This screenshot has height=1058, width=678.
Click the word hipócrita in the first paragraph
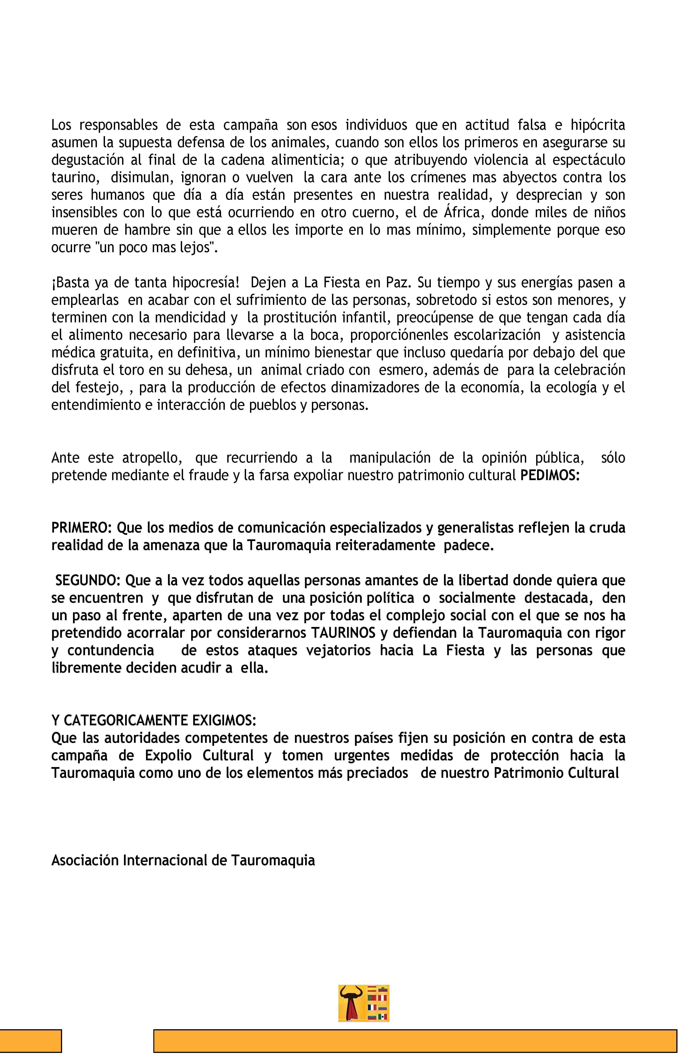[x=598, y=125]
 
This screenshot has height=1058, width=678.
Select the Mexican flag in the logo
[x=383, y=1017]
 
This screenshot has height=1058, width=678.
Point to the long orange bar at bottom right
[x=415, y=1041]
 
